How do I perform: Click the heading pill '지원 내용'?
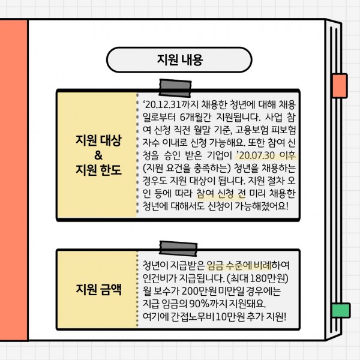[x=179, y=59]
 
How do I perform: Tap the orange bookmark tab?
[x=340, y=86]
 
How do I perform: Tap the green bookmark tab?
[x=341, y=310]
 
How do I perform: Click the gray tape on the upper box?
[x=175, y=88]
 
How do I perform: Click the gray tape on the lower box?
[x=178, y=248]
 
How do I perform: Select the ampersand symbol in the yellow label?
[x=98, y=155]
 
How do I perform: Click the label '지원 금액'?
[x=98, y=289]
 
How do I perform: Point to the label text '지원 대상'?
[x=98, y=140]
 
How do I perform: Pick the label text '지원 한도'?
[x=98, y=170]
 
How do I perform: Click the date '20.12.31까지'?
[x=171, y=104]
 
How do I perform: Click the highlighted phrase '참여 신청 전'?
[x=221, y=194]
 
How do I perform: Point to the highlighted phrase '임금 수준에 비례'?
[x=239, y=265]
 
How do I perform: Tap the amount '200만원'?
[x=199, y=291]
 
